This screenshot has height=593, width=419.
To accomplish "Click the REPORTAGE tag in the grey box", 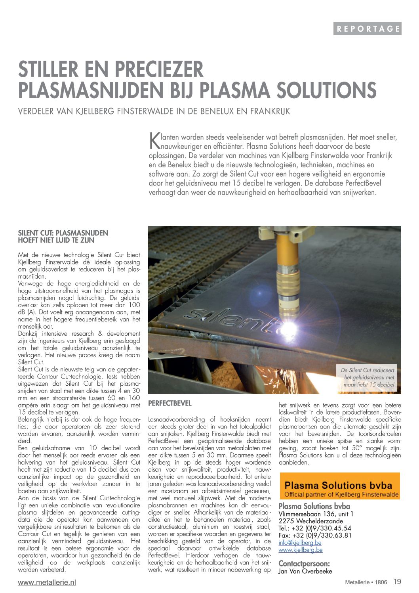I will point(368,29).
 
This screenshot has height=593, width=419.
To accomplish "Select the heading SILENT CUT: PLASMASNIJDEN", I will point(63,233).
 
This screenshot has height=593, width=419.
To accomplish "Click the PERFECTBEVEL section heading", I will point(170,404).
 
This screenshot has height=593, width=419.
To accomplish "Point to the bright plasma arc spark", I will point(289,327).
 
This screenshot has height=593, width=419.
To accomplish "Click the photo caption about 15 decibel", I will point(368,377).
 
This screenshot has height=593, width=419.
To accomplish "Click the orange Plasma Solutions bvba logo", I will point(340,486).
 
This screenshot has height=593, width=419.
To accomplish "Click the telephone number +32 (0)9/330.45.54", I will point(315,528).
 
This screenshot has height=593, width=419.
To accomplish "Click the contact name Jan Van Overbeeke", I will point(305,571).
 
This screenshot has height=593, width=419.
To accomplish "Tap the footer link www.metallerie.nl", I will point(47,582).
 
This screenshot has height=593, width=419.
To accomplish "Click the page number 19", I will point(397,582).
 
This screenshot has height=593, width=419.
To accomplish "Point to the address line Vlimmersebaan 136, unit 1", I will point(316,514).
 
